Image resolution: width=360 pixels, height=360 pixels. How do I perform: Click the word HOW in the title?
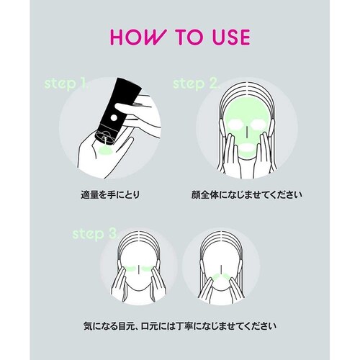(x=138, y=37)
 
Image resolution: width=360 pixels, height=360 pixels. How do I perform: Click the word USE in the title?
(x=231, y=37)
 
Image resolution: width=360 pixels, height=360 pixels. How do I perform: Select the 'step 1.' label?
(x=67, y=84)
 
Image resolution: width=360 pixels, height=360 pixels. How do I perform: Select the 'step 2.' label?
(x=197, y=84)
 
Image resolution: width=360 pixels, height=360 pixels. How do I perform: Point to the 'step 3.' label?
(x=96, y=233)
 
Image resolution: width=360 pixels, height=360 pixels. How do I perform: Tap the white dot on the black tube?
(x=114, y=117)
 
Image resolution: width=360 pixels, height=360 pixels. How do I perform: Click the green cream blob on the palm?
(x=105, y=150)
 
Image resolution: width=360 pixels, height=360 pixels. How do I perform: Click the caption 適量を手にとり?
(x=110, y=194)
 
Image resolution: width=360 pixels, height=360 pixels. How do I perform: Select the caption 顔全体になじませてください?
(x=246, y=194)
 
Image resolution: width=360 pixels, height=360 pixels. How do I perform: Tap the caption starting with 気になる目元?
(x=180, y=326)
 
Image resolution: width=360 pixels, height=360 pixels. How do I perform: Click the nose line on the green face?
(x=247, y=131)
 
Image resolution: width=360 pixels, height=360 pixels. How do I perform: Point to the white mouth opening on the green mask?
(x=247, y=147)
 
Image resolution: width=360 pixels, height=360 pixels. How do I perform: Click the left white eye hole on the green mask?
(x=236, y=125)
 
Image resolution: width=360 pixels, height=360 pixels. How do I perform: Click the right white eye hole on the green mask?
(x=258, y=125)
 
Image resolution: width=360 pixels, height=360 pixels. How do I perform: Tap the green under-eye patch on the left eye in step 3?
(x=130, y=269)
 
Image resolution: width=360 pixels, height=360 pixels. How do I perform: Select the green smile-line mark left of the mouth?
(x=215, y=276)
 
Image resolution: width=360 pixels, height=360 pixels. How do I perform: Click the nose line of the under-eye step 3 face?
(x=139, y=269)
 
